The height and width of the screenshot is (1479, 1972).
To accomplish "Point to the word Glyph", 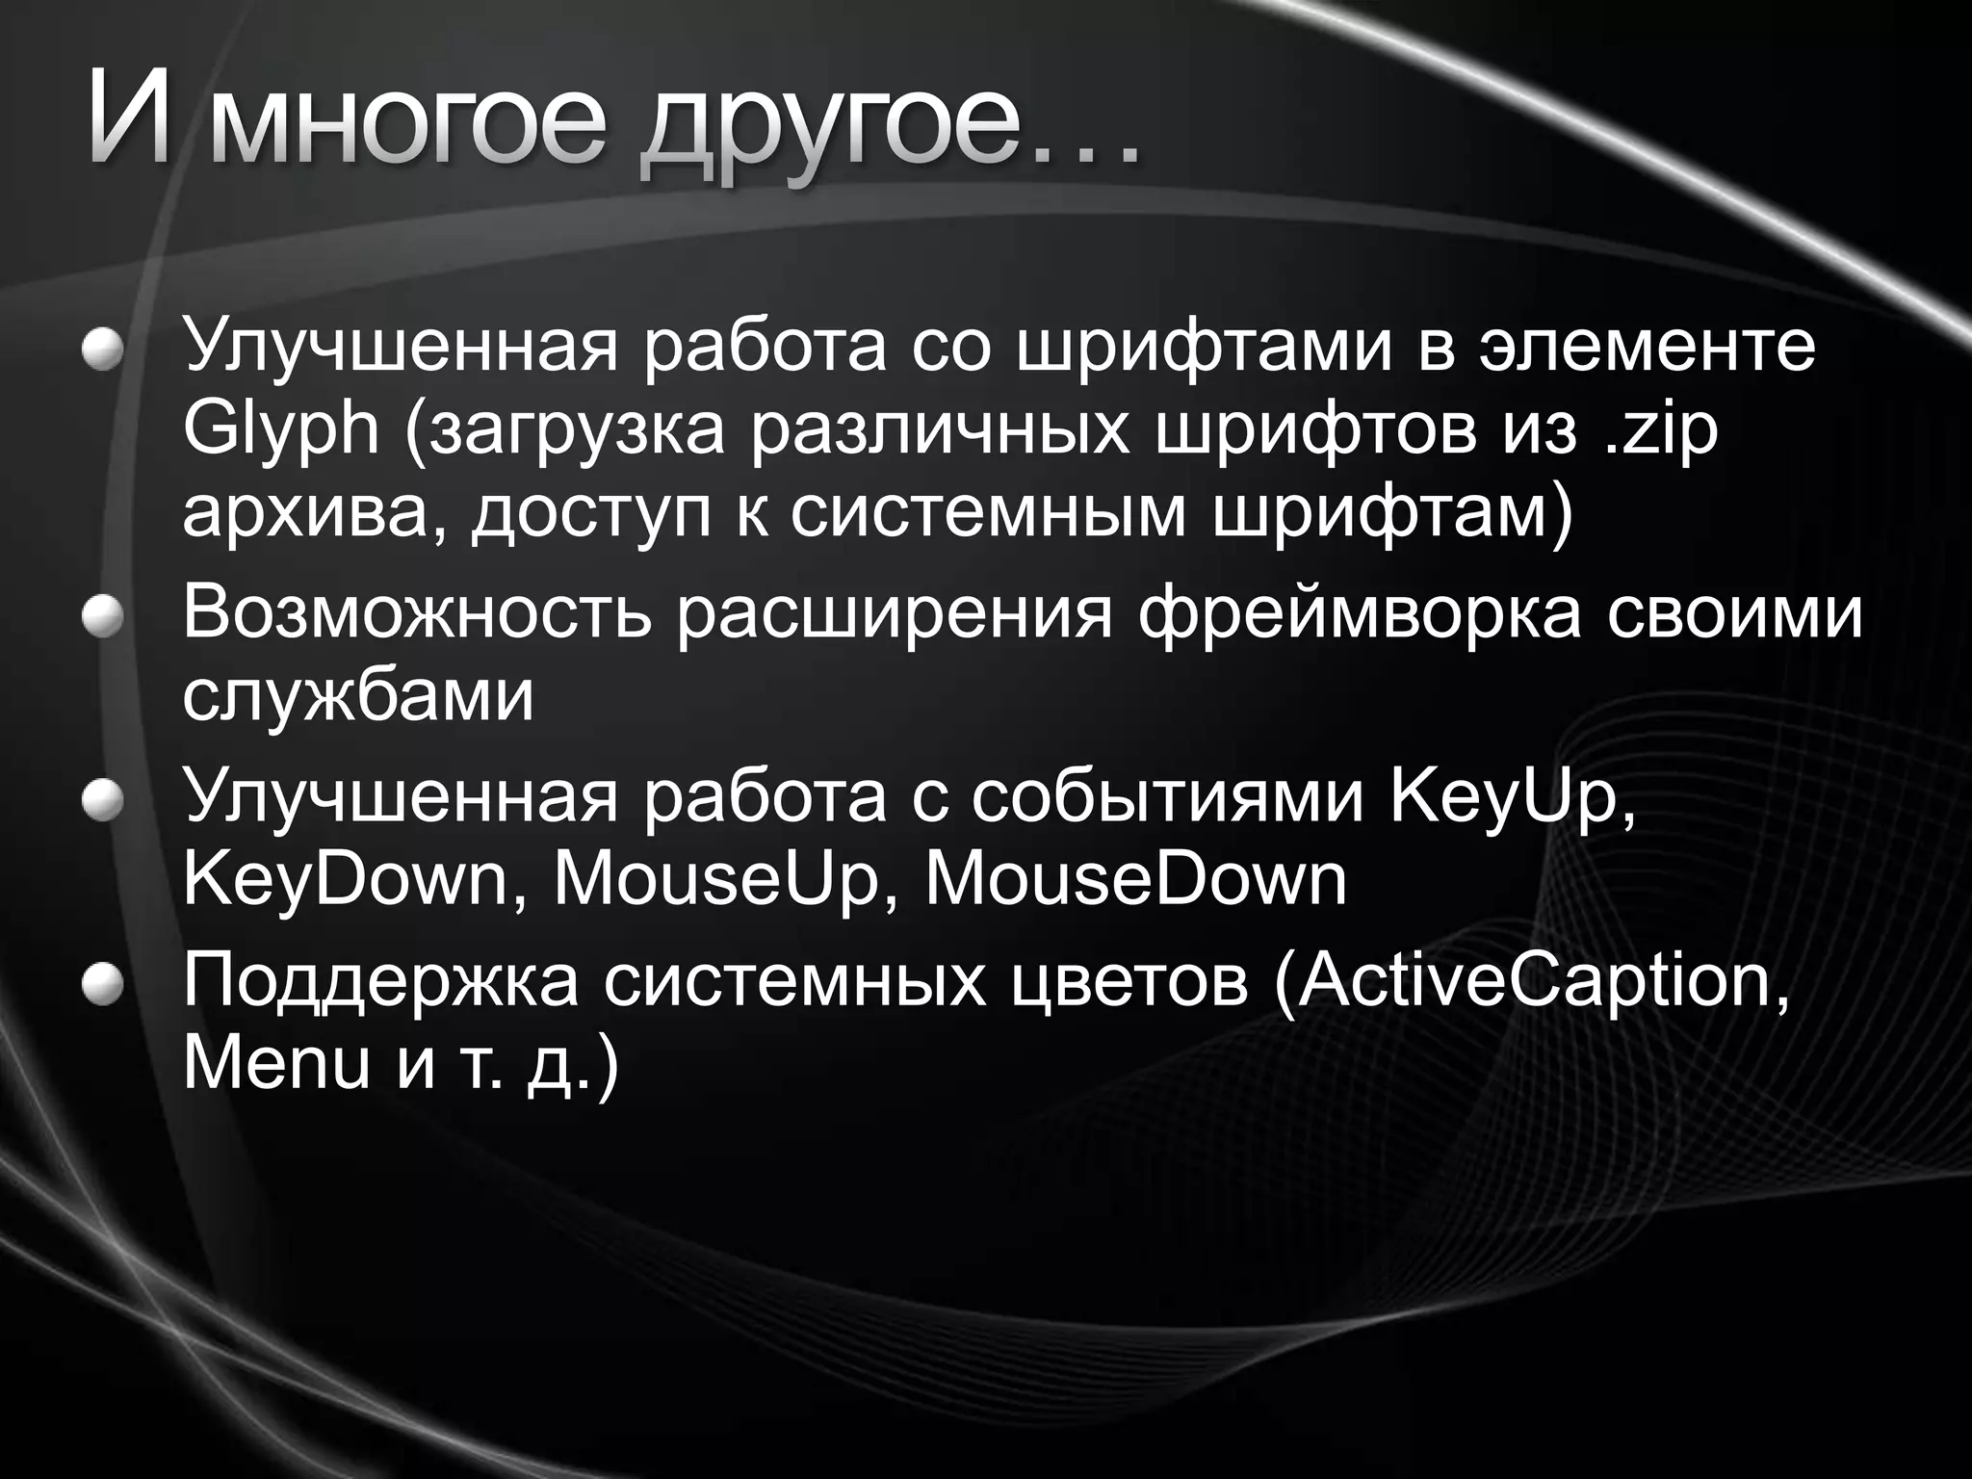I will pos(281,431).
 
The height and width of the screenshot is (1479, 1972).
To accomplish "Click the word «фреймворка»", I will pos(1359,613).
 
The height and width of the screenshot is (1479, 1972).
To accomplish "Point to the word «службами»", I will pos(357,696).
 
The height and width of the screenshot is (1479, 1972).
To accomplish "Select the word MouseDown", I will pos(1135,879).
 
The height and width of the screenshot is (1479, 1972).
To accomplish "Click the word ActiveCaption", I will pos(1532,982).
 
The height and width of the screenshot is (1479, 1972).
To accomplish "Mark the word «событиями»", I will pos(1167,797).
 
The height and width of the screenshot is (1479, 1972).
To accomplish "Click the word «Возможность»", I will pos(417,613).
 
